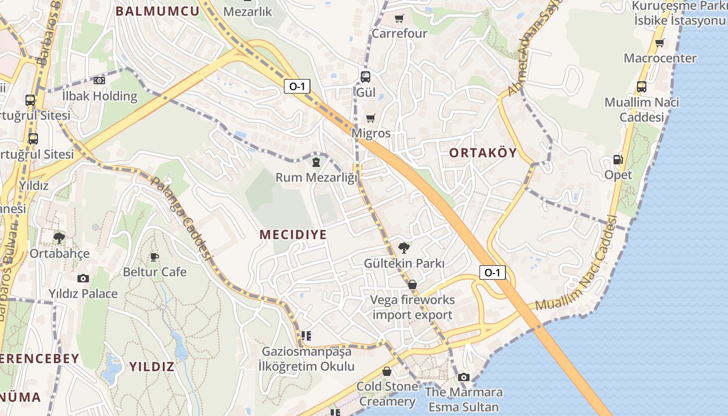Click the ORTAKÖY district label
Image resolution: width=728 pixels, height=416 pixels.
coord(483,152)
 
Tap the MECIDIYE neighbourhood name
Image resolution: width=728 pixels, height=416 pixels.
coord(293,235)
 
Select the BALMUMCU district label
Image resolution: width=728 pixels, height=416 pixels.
coord(157,11)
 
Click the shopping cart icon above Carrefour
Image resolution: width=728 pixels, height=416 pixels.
coord(399,19)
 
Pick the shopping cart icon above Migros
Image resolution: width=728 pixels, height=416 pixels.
coord(370,118)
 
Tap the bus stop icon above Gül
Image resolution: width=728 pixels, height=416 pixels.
coord(366,76)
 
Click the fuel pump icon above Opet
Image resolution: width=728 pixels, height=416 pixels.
coord(618,159)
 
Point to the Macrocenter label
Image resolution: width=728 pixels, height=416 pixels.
coord(660,58)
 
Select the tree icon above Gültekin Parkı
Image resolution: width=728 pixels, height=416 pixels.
coord(404,248)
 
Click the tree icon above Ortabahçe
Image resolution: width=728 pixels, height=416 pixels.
coord(59,238)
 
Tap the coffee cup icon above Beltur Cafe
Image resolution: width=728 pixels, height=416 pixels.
coord(154,256)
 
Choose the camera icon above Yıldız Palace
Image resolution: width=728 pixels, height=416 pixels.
coord(83,278)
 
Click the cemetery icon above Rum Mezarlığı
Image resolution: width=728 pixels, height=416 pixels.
coord(316,162)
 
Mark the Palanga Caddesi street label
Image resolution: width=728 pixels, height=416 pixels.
coord(181,217)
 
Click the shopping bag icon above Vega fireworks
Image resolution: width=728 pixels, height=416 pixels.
coord(412,284)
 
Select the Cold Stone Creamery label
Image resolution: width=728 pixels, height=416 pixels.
coord(387,394)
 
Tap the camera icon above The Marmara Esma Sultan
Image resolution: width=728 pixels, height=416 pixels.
coord(464,377)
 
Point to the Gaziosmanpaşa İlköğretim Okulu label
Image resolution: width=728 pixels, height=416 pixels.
coord(306,359)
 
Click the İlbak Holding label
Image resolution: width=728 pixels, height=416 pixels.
coord(99,96)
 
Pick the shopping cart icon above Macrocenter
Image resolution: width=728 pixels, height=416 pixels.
coord(659,43)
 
